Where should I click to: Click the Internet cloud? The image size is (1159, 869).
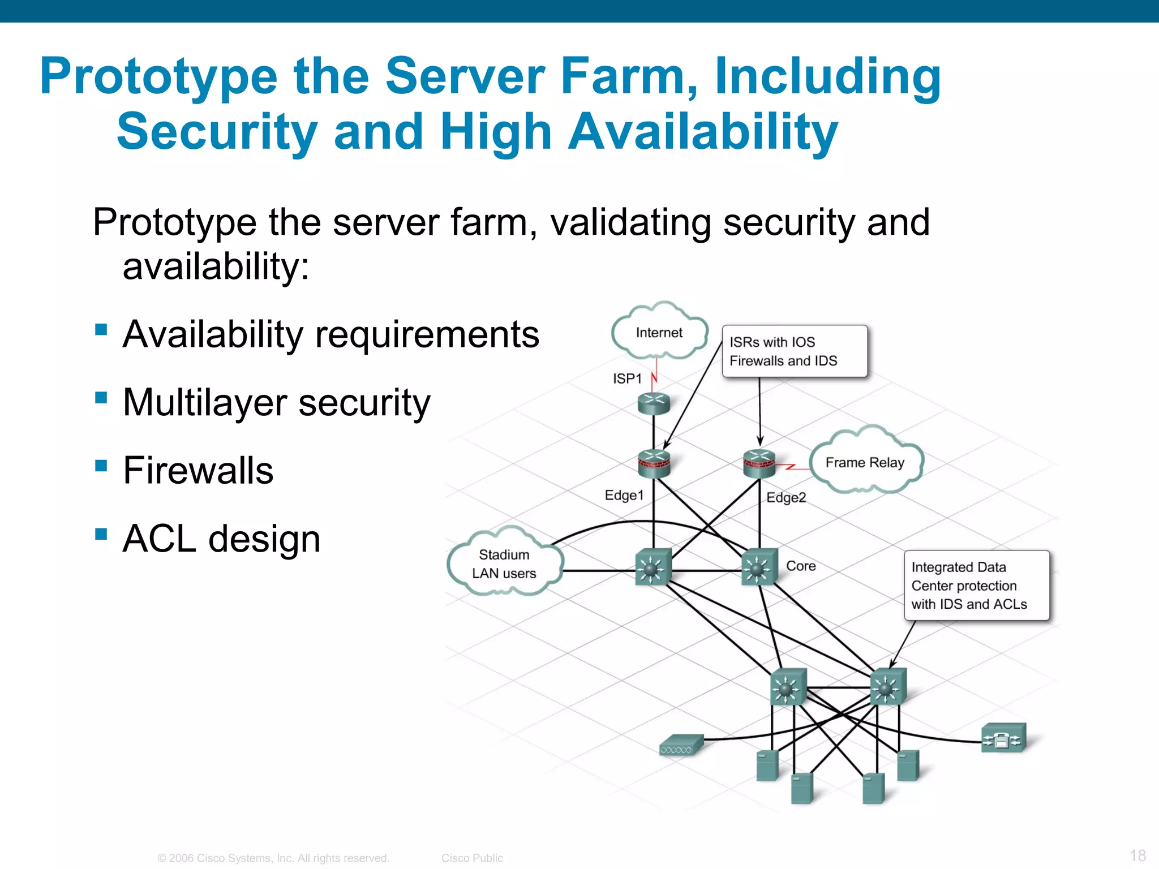click(x=659, y=333)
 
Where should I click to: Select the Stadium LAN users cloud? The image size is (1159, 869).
click(x=504, y=563)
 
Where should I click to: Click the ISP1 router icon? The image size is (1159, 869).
click(x=654, y=403)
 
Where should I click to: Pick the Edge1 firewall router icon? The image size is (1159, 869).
click(x=654, y=463)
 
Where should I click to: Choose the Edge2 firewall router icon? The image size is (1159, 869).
click(x=759, y=463)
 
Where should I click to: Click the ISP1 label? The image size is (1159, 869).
click(x=627, y=378)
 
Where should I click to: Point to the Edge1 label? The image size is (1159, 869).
click(x=624, y=495)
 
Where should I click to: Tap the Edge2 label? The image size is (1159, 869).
click(x=786, y=497)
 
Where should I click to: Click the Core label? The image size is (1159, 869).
click(x=801, y=566)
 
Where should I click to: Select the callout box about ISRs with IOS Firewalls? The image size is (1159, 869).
click(x=795, y=351)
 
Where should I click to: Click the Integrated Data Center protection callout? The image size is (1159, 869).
click(x=976, y=586)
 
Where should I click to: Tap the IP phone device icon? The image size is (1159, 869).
click(x=1003, y=738)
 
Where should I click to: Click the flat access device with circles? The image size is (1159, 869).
click(x=681, y=745)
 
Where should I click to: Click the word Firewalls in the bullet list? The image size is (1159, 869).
click(x=198, y=470)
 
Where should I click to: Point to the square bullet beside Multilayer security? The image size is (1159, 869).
click(x=101, y=398)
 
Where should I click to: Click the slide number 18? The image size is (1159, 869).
click(x=1137, y=855)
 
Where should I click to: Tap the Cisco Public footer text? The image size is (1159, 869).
click(x=472, y=858)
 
